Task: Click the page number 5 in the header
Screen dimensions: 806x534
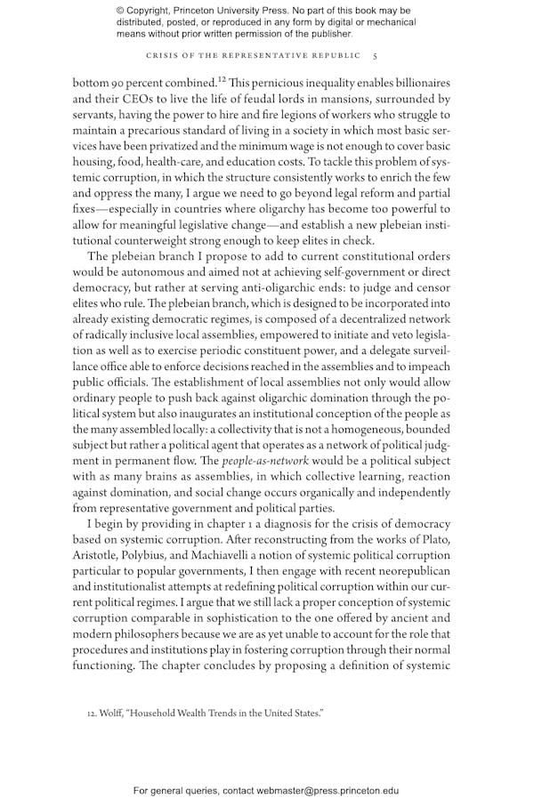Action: tap(375, 55)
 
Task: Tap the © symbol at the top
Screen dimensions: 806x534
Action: tap(121, 10)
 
